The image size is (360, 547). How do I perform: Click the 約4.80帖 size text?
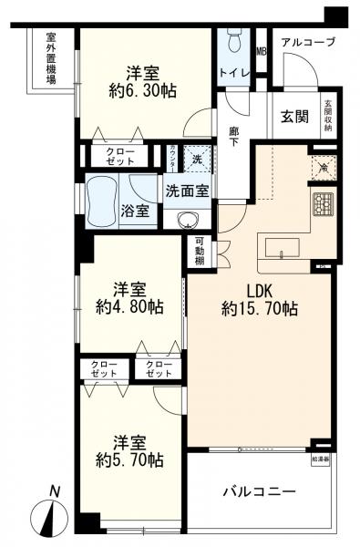pyautogui.click(x=133, y=307)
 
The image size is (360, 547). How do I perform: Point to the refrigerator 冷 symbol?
pyautogui.click(x=322, y=165)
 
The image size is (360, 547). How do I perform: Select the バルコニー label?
pyautogui.click(x=260, y=492)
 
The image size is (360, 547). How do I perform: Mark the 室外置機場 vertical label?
pyautogui.click(x=51, y=59)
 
